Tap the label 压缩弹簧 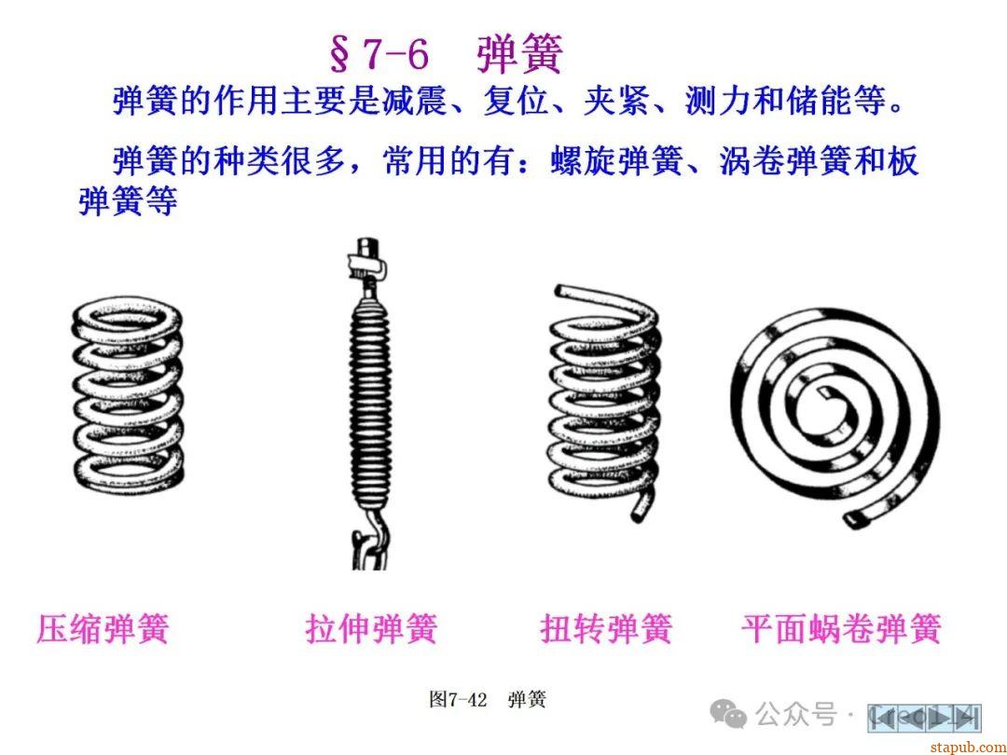pyautogui.click(x=103, y=628)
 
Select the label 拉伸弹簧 pyautogui.click(x=371, y=628)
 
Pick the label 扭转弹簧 pyautogui.click(x=606, y=628)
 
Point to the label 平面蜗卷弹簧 pyautogui.click(x=841, y=628)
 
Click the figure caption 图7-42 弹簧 pyautogui.click(x=488, y=699)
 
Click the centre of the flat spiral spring pyautogui.click(x=825, y=395)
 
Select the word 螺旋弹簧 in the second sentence pyautogui.click(x=616, y=161)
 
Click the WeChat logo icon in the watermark pyautogui.click(x=728, y=714)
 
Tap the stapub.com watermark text pyautogui.click(x=969, y=747)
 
